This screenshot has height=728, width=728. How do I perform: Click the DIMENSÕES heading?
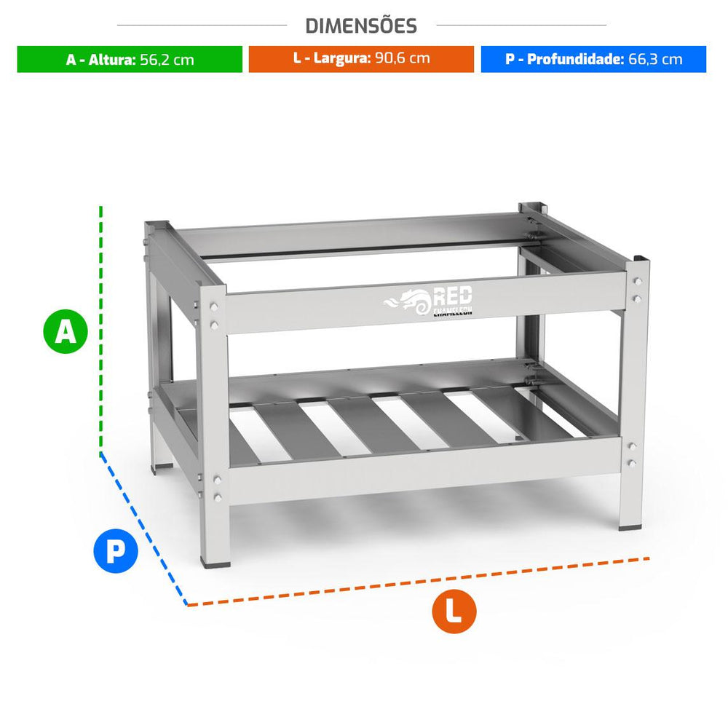point(361,26)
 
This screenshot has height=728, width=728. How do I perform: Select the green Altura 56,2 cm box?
point(130,59)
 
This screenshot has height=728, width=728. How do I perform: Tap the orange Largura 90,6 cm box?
point(361,59)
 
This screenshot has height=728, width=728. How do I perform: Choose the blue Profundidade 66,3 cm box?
point(593,59)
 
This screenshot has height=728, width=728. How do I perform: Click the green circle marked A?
point(66,331)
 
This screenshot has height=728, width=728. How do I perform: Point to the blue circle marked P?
point(116,550)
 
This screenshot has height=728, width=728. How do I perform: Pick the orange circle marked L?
point(454,612)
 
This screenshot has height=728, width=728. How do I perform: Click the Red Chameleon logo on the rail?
point(427,301)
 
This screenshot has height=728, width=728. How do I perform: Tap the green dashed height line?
point(100,330)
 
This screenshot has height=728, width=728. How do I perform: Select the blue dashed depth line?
point(144,529)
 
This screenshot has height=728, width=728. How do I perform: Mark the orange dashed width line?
point(418,582)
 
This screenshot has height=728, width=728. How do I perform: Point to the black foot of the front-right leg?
point(630,526)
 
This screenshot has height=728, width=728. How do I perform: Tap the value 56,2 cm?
point(167,60)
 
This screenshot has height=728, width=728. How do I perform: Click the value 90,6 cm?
point(403,58)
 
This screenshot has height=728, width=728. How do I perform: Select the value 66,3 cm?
point(656,60)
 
